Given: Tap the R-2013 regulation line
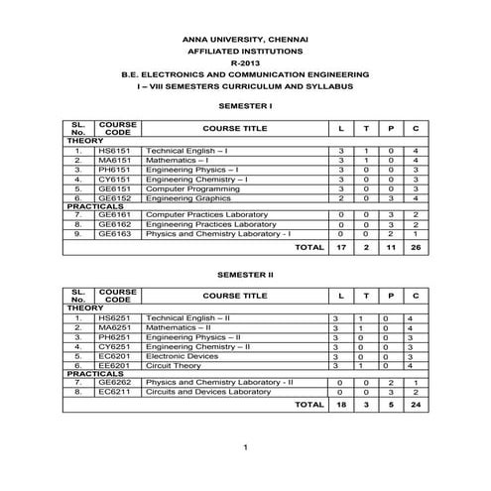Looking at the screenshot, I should pyautogui.click(x=244, y=61).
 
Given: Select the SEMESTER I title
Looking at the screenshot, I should pyautogui.click(x=244, y=104).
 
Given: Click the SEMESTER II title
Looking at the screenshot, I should pyautogui.click(x=244, y=271).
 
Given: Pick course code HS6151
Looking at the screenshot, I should pyautogui.click(x=118, y=150).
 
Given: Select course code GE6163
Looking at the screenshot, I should pyautogui.click(x=118, y=234).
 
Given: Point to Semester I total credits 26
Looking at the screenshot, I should pyautogui.click(x=416, y=247).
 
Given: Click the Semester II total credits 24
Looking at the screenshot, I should pyautogui.click(x=416, y=405).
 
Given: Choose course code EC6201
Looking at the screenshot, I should pyautogui.click(x=118, y=355).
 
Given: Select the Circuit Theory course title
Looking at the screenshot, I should pyautogui.click(x=175, y=365).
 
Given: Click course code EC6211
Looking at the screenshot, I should pyautogui.click(x=118, y=392).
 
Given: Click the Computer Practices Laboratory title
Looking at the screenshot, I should pyautogui.click(x=206, y=214).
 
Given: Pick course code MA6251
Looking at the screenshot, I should pyautogui.click(x=118, y=327).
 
